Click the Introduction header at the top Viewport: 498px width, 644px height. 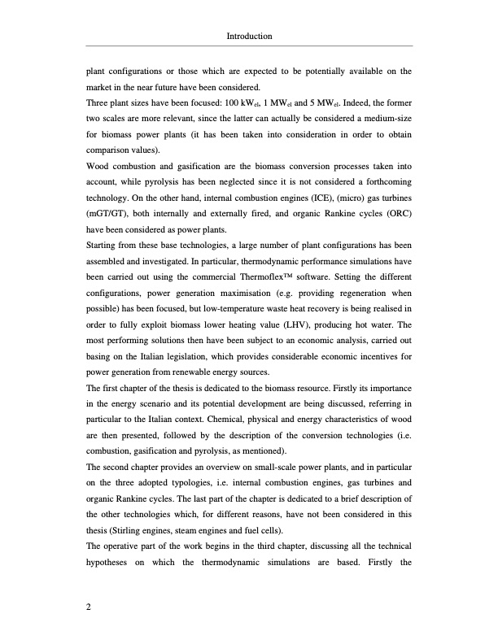[x=248, y=37]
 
